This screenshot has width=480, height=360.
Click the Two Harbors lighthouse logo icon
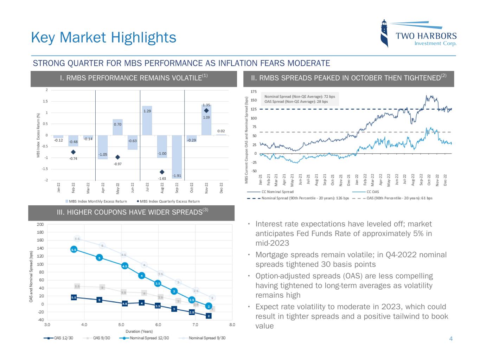tap(385, 33)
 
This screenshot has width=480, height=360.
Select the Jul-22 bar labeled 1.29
tap(147, 120)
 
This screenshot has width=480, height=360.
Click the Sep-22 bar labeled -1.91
tap(177, 157)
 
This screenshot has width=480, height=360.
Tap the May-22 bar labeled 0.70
tap(117, 127)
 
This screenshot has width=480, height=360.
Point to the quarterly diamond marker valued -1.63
tap(162, 172)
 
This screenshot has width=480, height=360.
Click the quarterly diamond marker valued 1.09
tap(206, 110)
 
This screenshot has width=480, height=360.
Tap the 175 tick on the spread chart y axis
tap(253, 92)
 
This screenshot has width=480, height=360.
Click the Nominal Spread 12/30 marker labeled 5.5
tap(74, 249)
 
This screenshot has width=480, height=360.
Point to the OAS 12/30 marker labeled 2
tap(209, 316)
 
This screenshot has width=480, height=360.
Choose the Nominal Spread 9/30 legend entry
tap(207, 338)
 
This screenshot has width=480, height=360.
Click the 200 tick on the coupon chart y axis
tap(40, 224)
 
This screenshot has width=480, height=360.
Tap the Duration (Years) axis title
tap(139, 331)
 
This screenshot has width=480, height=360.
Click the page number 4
tap(451, 339)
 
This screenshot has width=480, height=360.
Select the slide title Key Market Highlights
tap(104, 37)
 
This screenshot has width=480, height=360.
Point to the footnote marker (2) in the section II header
tap(444, 76)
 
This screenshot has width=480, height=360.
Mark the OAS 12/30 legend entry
tap(64, 338)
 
